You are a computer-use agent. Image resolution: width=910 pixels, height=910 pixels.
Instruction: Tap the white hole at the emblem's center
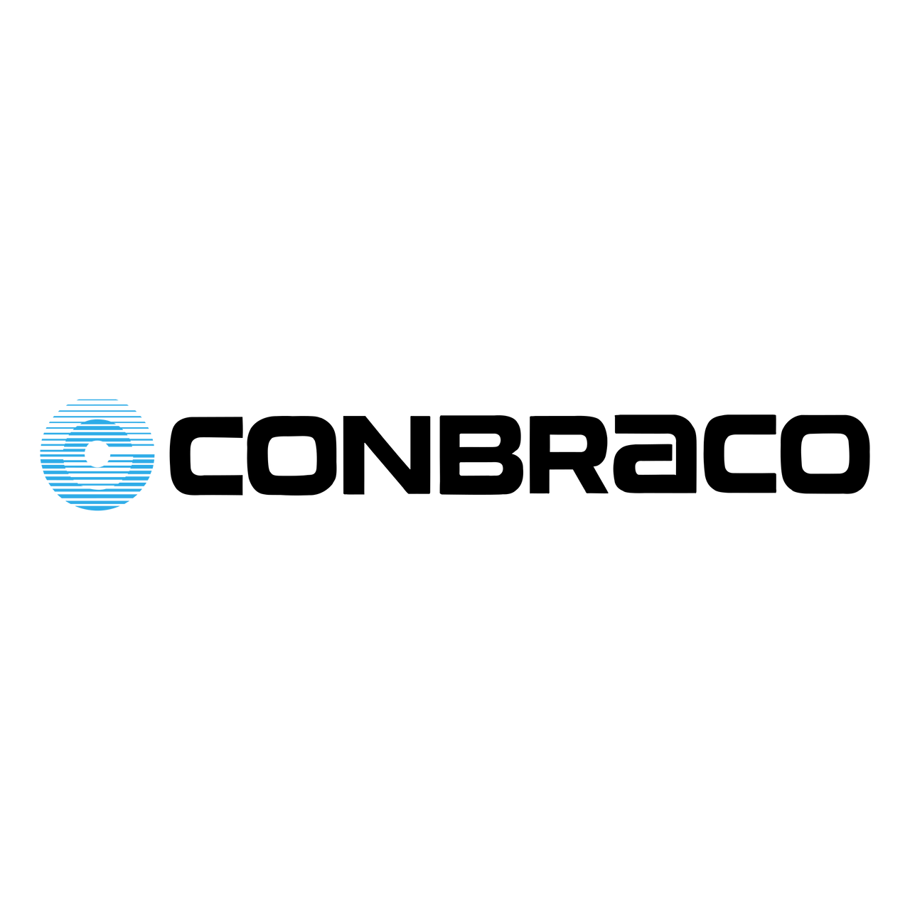coord(97,454)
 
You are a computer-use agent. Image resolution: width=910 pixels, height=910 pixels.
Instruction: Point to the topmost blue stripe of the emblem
coord(97,400)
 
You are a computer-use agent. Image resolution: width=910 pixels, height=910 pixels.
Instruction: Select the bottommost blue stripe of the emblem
coord(97,508)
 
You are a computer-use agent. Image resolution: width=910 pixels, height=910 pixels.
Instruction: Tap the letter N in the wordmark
coord(387,455)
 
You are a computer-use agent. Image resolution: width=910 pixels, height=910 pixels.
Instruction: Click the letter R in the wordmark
coord(540,455)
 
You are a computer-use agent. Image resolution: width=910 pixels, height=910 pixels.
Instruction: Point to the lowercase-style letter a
coord(686,454)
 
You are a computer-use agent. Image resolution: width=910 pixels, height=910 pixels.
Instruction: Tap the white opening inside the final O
coord(825,454)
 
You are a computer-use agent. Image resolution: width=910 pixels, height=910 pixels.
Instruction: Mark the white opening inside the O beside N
coord(292,456)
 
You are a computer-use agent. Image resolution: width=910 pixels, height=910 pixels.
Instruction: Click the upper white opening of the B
coord(479,440)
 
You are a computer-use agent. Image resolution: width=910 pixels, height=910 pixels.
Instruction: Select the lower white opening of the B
coord(481,469)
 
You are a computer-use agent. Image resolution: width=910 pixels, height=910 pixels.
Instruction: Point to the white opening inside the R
coord(568,443)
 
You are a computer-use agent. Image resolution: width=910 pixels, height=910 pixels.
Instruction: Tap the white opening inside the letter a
coord(655,468)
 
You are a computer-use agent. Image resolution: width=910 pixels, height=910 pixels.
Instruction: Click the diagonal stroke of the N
coord(387,455)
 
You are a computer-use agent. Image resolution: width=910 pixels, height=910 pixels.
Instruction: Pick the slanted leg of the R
coord(590,481)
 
